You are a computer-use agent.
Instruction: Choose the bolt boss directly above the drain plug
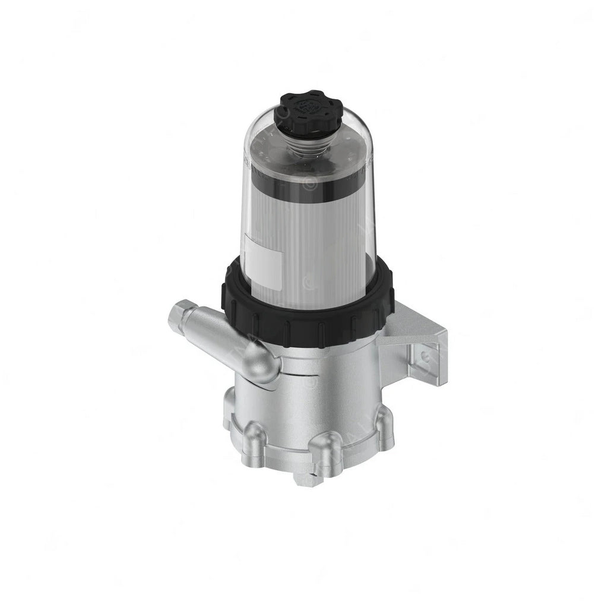coord(326,445)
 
